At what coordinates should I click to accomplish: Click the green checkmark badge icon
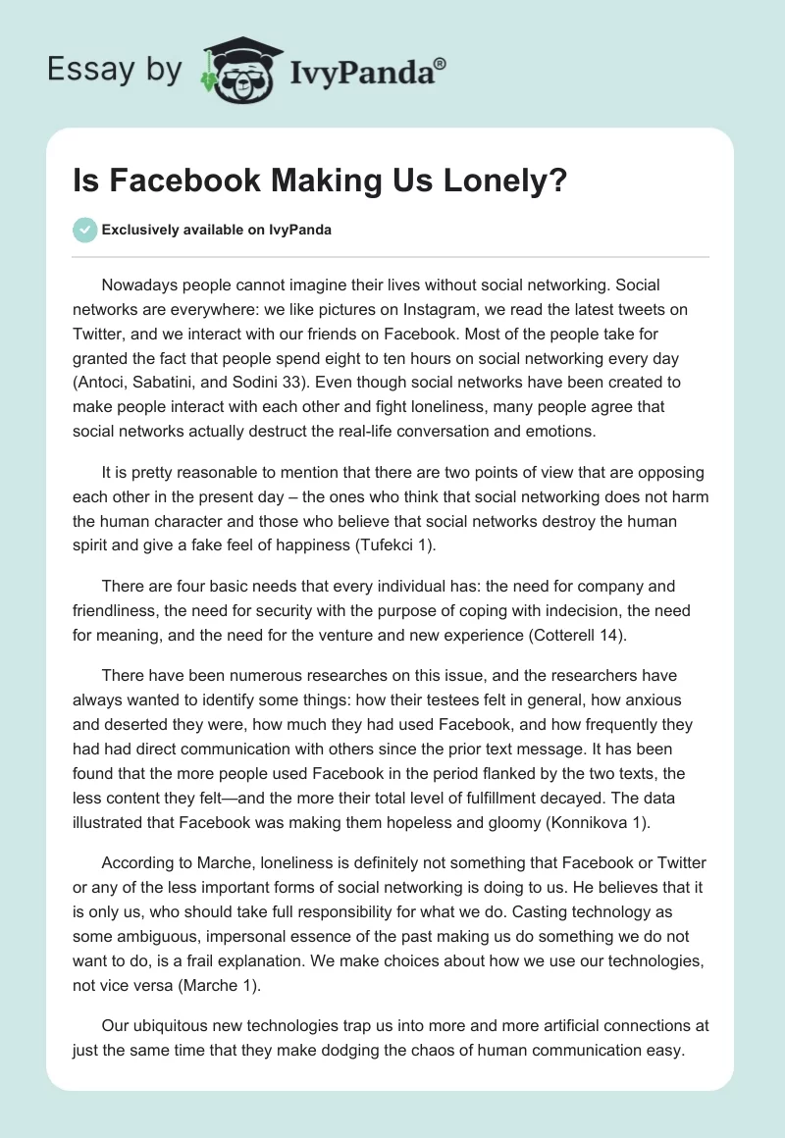tap(84, 230)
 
